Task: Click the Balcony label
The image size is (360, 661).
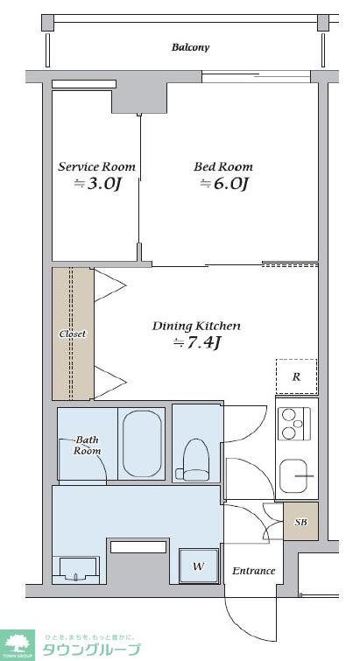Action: [190, 47]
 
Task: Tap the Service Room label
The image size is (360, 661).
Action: [97, 166]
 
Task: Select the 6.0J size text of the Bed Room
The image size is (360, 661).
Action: [223, 184]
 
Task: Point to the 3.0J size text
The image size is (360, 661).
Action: [98, 184]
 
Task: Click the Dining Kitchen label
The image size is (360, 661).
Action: [196, 326]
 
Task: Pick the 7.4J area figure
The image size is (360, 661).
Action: [197, 343]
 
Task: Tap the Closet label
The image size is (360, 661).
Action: [72, 334]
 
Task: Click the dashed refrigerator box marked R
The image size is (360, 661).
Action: [296, 376]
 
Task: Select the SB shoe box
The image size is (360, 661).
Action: [300, 522]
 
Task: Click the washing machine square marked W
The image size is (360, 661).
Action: [199, 566]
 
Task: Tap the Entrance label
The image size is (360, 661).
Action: [254, 571]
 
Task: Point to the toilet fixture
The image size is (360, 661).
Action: [195, 461]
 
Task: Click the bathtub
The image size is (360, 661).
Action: [142, 444]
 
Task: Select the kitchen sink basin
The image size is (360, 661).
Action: [293, 476]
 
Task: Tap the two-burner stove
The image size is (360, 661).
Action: [294, 424]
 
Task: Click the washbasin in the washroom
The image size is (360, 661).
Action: [75, 570]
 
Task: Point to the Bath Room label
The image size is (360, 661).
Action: [88, 445]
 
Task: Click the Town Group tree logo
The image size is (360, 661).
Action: [18, 645]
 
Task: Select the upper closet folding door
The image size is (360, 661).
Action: [110, 285]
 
